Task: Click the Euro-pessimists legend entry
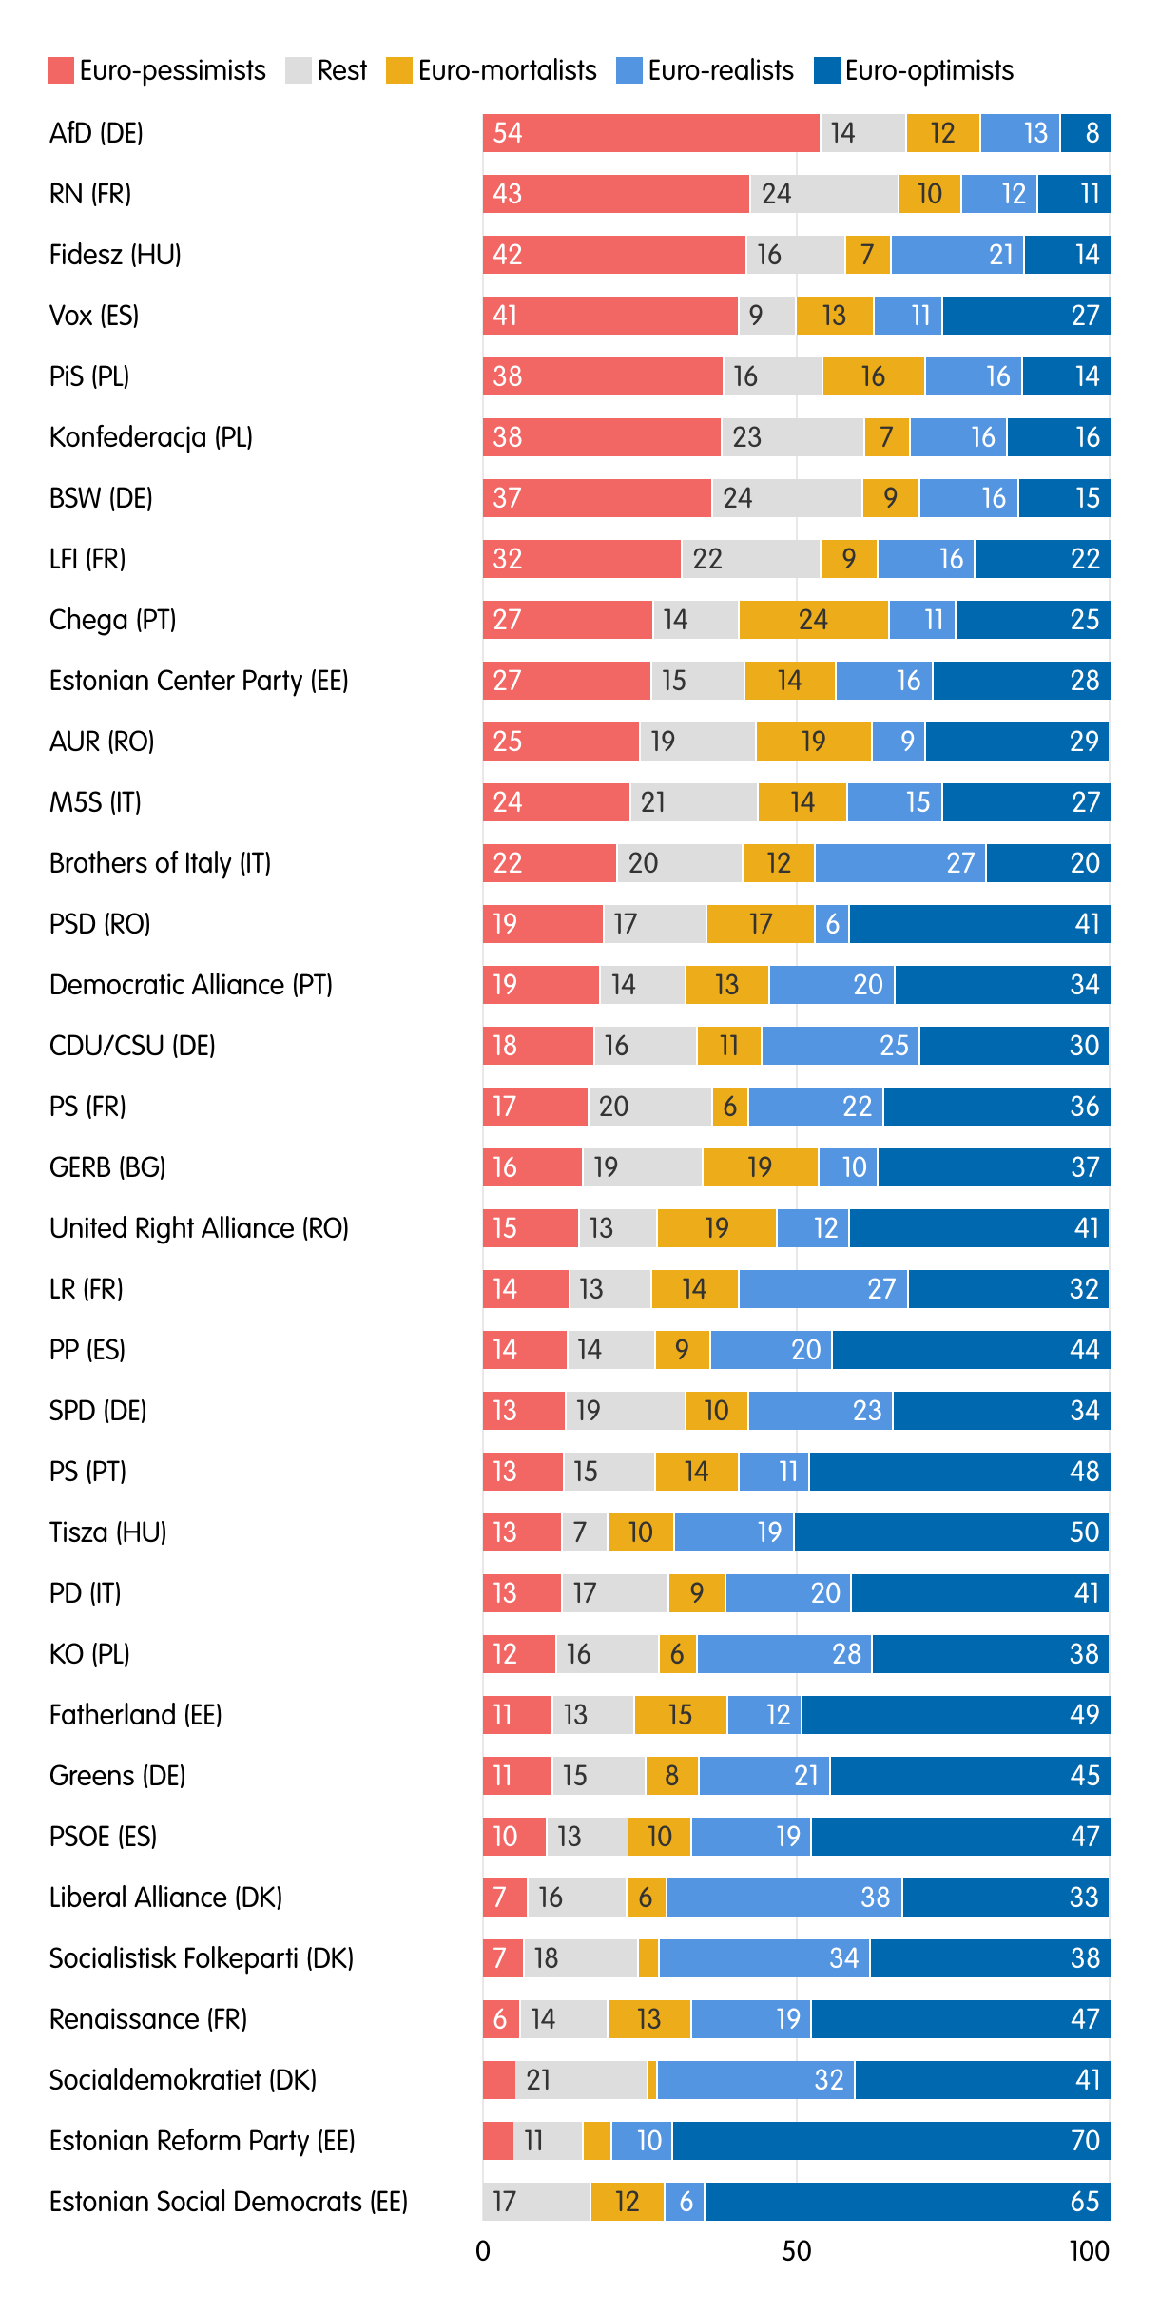pos(157,71)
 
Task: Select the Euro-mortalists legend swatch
pos(399,71)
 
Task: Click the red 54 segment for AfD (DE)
pos(650,133)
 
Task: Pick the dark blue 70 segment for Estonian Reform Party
pos(891,2141)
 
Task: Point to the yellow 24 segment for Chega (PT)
pos(813,620)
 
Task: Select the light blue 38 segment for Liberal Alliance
pos(784,1898)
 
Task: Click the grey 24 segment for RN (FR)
pos(823,194)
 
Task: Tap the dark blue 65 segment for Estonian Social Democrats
pos(906,2202)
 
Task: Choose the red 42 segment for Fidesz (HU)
pos(614,255)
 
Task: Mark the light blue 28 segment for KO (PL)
pos(784,1654)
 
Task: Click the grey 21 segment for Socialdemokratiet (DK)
pos(581,2080)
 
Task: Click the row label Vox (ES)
pos(94,316)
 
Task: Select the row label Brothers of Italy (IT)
pos(160,863)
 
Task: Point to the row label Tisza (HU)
pos(107,1532)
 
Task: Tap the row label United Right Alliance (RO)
pos(199,1228)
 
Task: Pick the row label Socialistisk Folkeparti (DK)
pos(201,1958)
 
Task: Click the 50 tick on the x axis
pos(796,2251)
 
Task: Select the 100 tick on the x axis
pos(1089,2251)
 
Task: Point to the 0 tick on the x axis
pos(483,2251)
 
